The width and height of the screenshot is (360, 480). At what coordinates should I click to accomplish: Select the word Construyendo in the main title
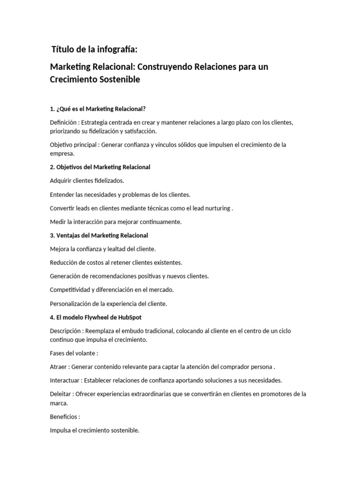(x=165, y=67)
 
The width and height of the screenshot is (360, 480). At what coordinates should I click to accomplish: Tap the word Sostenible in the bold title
(x=119, y=80)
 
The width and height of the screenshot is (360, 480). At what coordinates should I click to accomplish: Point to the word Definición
(x=62, y=122)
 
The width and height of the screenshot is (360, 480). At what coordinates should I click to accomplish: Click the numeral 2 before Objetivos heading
(x=52, y=167)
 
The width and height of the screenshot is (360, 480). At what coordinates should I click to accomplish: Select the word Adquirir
(x=61, y=180)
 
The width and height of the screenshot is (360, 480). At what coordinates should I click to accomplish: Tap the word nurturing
(x=217, y=208)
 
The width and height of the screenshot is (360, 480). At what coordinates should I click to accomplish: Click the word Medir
(x=57, y=222)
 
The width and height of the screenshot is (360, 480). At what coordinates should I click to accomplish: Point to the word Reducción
(x=64, y=262)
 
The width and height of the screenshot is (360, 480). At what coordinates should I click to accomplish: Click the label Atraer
(x=58, y=367)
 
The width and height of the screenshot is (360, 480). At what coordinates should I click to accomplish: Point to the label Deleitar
(x=60, y=394)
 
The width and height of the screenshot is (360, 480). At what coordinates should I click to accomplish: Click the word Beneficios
(x=64, y=416)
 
